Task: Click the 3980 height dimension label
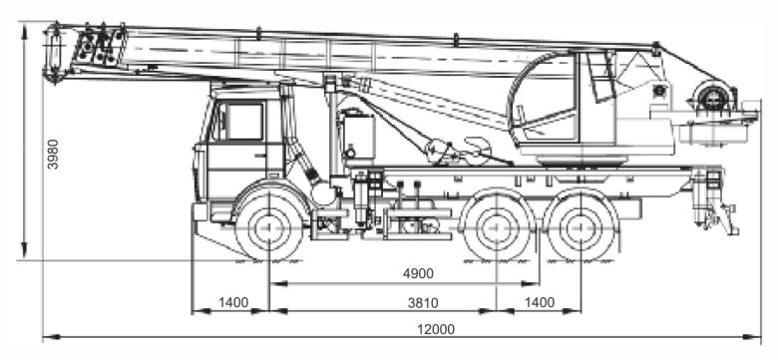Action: point(53,155)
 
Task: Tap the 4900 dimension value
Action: point(418,273)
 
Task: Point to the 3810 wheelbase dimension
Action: point(423,302)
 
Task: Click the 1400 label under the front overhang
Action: point(232,302)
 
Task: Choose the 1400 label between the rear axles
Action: point(539,302)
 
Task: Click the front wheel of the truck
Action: point(269,227)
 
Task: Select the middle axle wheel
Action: point(497,227)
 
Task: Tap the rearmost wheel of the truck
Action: point(581,227)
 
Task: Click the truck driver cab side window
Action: point(243,122)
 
